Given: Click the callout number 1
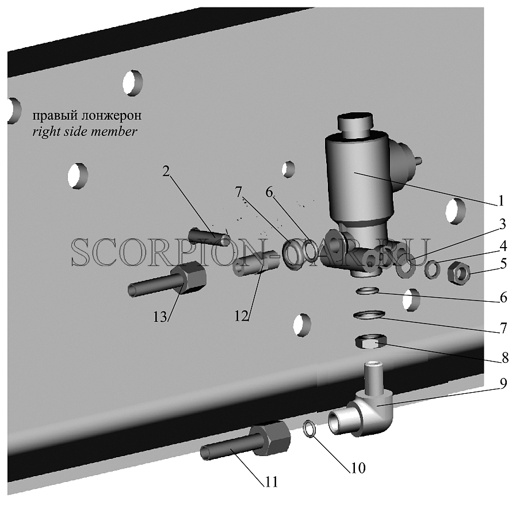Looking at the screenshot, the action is click(x=500, y=200).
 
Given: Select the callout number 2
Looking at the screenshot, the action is click(x=166, y=171).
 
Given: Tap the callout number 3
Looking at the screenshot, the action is click(x=502, y=225).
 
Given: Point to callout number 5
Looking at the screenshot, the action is click(x=503, y=264).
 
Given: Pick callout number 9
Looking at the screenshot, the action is click(x=503, y=383).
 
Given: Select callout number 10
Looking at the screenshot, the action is click(x=358, y=468).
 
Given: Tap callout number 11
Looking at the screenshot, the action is click(x=271, y=483).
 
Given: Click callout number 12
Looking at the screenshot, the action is click(x=241, y=316).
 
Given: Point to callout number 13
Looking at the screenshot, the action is click(x=160, y=317).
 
